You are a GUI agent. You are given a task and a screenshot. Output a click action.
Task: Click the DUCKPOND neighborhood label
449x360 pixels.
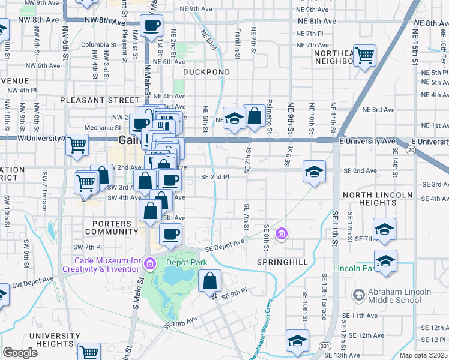[x=206, y=72]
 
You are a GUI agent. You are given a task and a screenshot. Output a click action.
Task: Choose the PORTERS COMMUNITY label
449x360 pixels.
[x=112, y=227]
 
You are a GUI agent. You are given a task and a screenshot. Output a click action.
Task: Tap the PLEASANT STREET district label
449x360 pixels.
[x=99, y=100]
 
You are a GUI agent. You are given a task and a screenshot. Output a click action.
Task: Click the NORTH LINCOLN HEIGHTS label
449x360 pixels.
[x=377, y=199]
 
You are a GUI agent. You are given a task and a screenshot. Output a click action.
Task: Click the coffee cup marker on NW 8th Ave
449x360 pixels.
[x=151, y=26]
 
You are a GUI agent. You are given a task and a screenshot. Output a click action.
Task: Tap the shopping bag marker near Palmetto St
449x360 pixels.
[x=255, y=116]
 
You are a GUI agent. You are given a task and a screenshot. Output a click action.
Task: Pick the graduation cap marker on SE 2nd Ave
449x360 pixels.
[x=314, y=172]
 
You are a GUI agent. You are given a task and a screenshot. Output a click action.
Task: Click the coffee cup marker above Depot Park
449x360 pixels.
[x=171, y=235]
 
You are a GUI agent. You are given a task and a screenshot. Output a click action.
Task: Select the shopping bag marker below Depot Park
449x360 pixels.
[x=210, y=281]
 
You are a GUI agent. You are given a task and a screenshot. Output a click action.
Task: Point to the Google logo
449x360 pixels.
[x=20, y=352]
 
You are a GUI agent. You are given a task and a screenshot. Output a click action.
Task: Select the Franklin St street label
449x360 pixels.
[x=238, y=46]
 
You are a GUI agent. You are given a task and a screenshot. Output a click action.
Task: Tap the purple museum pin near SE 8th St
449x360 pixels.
[x=280, y=233]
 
